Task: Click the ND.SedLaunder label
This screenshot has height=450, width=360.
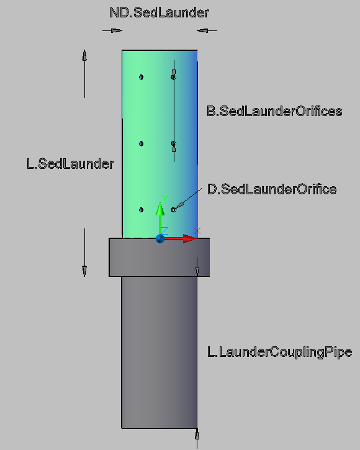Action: click(x=159, y=12)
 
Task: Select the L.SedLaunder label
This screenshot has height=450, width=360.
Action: click(x=70, y=164)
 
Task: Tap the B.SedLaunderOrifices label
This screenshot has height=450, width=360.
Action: click(x=274, y=111)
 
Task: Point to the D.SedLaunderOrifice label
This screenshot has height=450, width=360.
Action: click(x=272, y=189)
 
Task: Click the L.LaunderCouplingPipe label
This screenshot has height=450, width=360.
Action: click(x=279, y=352)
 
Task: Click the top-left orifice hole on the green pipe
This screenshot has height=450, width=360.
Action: click(x=141, y=77)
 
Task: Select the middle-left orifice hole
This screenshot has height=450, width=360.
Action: click(x=141, y=143)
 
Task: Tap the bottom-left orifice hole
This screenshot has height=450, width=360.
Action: click(x=141, y=210)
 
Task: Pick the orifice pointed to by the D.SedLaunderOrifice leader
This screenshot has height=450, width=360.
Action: click(x=173, y=210)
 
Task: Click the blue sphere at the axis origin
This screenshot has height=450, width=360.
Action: click(x=160, y=238)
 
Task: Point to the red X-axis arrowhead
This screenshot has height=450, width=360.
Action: click(x=190, y=238)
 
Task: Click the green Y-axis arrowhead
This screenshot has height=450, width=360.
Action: click(x=160, y=209)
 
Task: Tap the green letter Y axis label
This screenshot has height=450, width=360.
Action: click(x=164, y=198)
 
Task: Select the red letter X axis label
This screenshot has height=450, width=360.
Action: click(x=197, y=231)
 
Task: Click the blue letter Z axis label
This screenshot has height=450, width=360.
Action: click(x=164, y=231)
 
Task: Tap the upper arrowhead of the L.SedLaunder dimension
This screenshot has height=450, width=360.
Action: click(x=84, y=55)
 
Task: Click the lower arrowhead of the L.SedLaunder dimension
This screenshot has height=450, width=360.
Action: click(x=84, y=271)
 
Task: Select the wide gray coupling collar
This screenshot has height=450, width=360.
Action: click(x=160, y=257)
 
